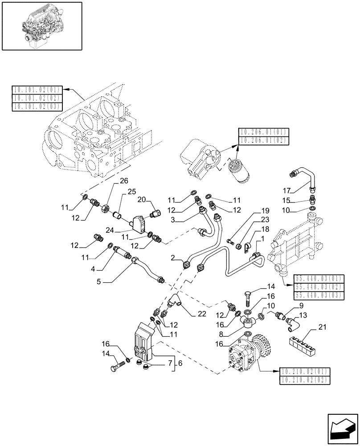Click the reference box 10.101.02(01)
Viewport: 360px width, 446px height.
pyautogui.click(x=38, y=90)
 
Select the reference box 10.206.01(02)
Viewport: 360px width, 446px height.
pyautogui.click(x=264, y=140)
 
